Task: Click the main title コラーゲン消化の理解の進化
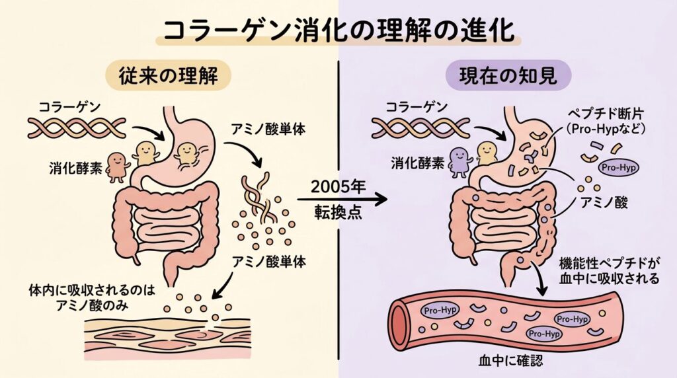point(338,31)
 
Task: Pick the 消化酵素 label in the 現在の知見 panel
point(410,161)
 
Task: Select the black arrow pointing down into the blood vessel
point(541,285)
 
